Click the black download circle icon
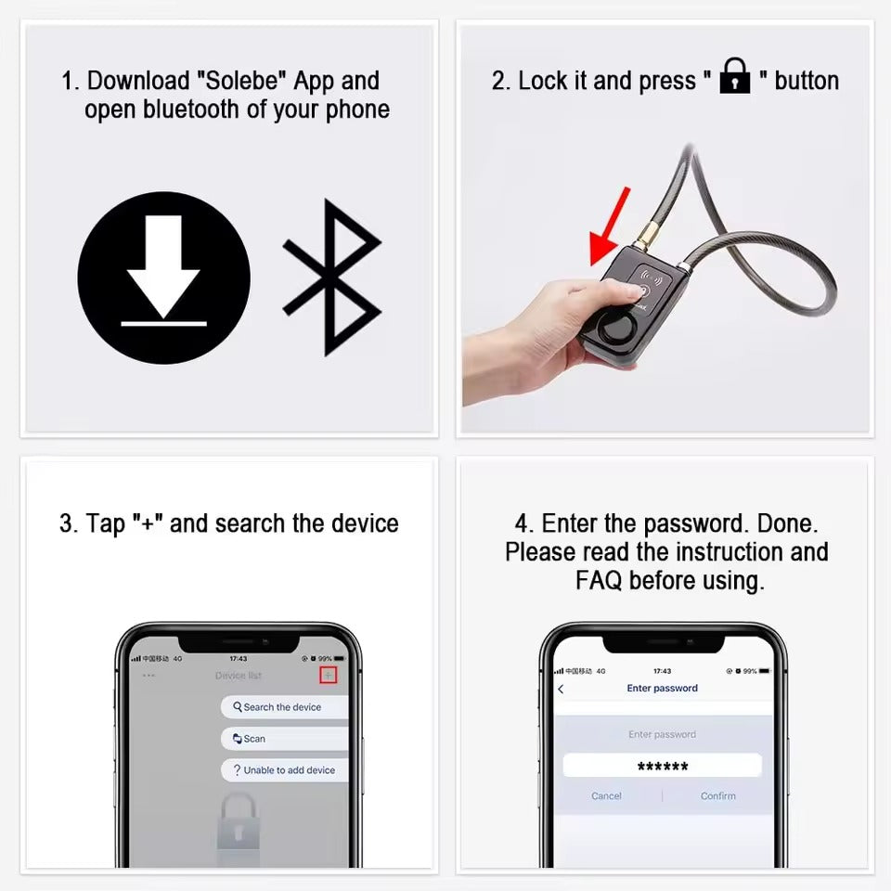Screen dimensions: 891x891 tap(163, 278)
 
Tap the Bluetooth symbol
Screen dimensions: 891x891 tap(332, 278)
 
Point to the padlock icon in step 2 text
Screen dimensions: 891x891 tap(735, 76)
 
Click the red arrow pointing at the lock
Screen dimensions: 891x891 tap(610, 226)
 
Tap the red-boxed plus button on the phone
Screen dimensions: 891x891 tap(327, 675)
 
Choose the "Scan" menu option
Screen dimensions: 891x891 tap(253, 739)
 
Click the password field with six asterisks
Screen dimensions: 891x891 tap(662, 766)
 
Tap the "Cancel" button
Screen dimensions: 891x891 tap(606, 796)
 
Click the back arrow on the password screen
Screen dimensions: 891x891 tap(561, 689)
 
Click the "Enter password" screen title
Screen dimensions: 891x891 tap(662, 689)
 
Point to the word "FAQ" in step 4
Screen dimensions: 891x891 tap(600, 581)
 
